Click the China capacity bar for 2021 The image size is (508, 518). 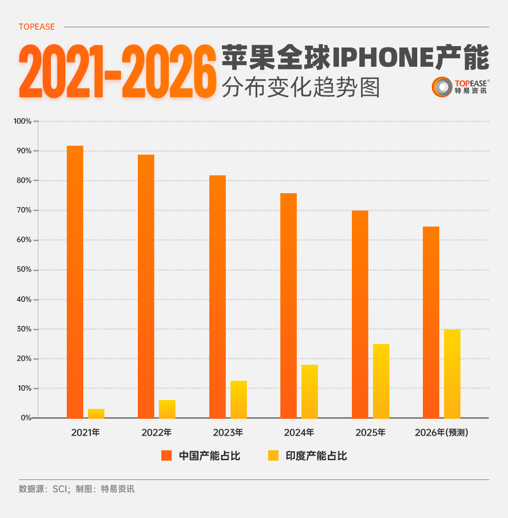[x=75, y=282]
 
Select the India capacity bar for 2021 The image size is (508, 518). [x=96, y=414]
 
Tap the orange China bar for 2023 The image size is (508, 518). [x=217, y=297]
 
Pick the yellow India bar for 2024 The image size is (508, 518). [x=310, y=392]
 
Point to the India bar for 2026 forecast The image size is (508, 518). [x=452, y=374]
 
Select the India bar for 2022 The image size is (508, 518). [x=167, y=409]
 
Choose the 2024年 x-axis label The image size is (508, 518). [x=299, y=432]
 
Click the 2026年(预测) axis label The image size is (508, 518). [x=442, y=432]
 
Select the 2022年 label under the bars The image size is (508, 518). [x=156, y=432]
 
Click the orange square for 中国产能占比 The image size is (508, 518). [x=167, y=455]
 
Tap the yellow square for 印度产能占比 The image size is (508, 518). [x=273, y=455]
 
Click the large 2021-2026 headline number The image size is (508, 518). [x=114, y=71]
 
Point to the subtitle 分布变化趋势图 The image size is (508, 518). [x=301, y=87]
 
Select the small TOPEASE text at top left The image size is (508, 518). [x=37, y=27]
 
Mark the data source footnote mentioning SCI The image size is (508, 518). [x=77, y=489]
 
